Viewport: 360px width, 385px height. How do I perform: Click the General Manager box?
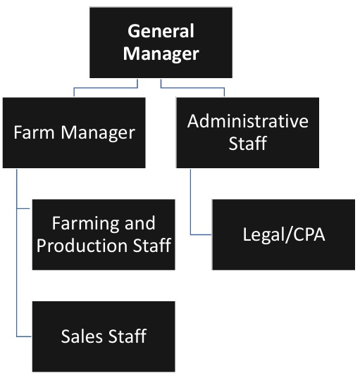coord(160,42)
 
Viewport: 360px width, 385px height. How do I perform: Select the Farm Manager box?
coord(74,132)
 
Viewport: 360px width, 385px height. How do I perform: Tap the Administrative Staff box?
coord(247,132)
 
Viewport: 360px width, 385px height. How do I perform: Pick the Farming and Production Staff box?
coord(104,234)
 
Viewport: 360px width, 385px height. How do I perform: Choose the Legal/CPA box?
coord(283,234)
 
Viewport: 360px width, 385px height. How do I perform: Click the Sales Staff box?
coord(104,336)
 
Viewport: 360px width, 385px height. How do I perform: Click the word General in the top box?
coord(160,32)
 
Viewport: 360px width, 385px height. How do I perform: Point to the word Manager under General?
coord(160,54)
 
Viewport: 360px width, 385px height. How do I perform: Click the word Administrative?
coord(247,121)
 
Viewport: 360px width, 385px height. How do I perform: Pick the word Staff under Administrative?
coord(247,144)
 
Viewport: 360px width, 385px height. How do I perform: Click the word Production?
coord(84,246)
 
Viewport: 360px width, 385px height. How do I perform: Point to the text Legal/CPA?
coord(283,234)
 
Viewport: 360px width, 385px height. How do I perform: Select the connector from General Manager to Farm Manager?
coord(106,87)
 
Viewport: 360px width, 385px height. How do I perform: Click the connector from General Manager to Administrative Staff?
coord(194,87)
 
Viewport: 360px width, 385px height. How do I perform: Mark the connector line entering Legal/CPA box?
coord(201,234)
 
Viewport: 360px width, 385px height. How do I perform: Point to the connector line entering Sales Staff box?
coord(24,336)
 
